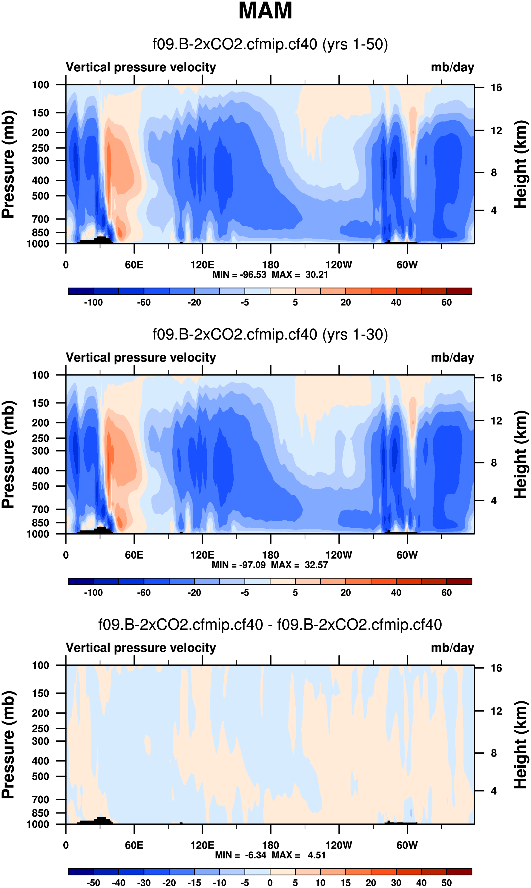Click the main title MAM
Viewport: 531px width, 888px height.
pyautogui.click(x=265, y=11)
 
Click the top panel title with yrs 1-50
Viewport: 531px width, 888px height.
pyautogui.click(x=270, y=44)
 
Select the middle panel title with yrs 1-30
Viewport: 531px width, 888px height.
pyautogui.click(x=270, y=335)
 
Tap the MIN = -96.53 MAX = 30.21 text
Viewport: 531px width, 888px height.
pyautogui.click(x=270, y=275)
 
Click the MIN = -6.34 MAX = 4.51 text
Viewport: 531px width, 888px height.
pyautogui.click(x=270, y=855)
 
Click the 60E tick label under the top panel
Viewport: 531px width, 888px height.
pyautogui.click(x=134, y=265)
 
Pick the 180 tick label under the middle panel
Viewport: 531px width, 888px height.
pyautogui.click(x=271, y=555)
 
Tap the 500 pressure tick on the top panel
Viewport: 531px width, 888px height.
pyautogui.click(x=40, y=196)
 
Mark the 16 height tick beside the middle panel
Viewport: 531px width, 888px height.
pyautogui.click(x=496, y=378)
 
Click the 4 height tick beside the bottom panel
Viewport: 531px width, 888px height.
pyautogui.click(x=494, y=791)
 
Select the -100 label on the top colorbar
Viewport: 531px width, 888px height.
pyautogui.click(x=93, y=302)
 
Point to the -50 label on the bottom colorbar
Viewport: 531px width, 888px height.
pyautogui.click(x=93, y=883)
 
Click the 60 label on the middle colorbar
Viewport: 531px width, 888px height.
pyautogui.click(x=446, y=593)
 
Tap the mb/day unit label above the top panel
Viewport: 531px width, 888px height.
pyautogui.click(x=452, y=67)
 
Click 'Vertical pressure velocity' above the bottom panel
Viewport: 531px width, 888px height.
pyautogui.click(x=141, y=648)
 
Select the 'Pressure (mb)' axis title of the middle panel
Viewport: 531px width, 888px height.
pyautogui.click(x=8, y=454)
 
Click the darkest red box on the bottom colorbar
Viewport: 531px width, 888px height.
pyautogui.click(x=459, y=872)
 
